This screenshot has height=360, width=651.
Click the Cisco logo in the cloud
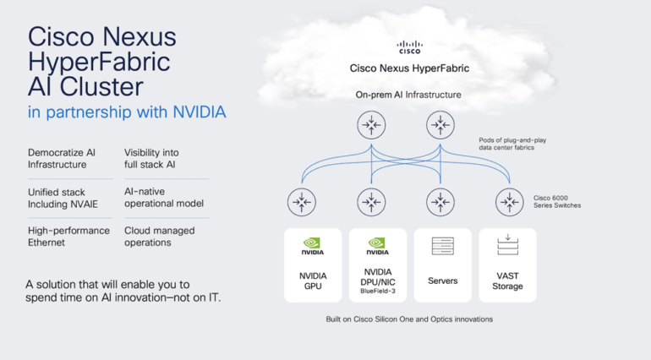click(x=409, y=46)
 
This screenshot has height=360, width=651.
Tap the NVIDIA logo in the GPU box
click(x=312, y=245)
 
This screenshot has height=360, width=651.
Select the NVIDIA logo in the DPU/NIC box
click(x=377, y=245)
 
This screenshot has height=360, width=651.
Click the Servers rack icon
click(x=443, y=246)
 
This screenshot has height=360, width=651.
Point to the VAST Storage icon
click(x=508, y=245)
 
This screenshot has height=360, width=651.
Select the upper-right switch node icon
click(x=439, y=126)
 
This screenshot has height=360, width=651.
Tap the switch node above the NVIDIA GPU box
click(x=302, y=202)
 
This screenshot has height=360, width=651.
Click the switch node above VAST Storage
click(x=508, y=202)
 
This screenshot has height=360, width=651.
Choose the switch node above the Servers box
click(x=439, y=202)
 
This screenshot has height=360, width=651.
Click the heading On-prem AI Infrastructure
click(x=410, y=95)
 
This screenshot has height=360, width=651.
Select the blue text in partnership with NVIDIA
click(x=127, y=112)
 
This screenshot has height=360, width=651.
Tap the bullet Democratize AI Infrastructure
click(x=62, y=158)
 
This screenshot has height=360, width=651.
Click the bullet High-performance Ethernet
click(x=68, y=236)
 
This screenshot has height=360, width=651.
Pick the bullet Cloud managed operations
click(x=160, y=236)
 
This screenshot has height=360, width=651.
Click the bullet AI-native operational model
click(x=164, y=197)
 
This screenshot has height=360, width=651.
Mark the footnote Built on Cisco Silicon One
click(x=409, y=319)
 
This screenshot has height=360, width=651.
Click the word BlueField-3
click(x=377, y=290)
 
